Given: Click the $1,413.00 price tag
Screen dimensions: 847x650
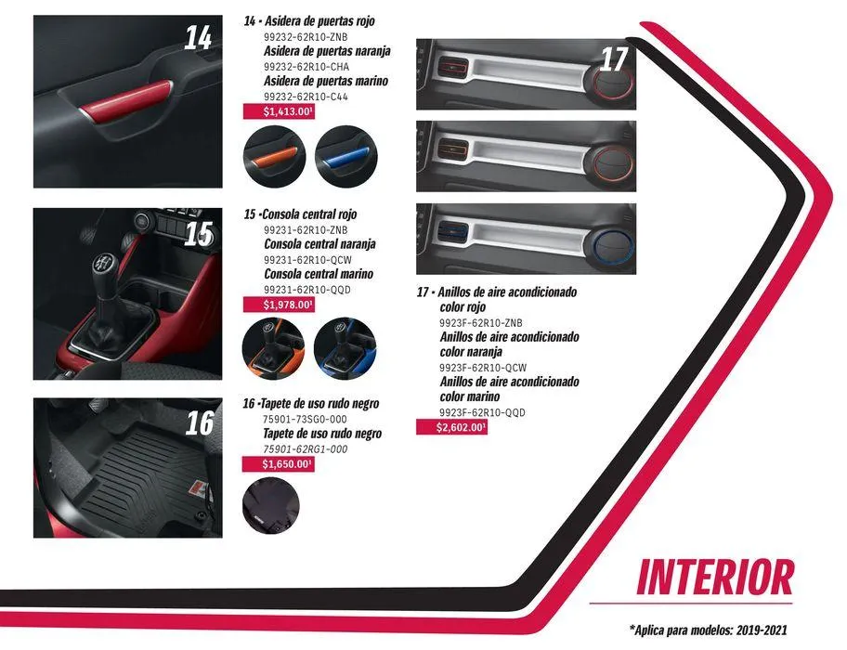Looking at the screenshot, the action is (x=279, y=111).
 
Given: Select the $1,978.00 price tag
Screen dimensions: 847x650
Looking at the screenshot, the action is (x=279, y=305).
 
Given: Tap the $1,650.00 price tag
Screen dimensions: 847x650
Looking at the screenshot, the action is (x=278, y=464).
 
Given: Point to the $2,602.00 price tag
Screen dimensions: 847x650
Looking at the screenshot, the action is (x=451, y=427).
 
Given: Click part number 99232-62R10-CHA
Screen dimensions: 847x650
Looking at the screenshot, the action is (x=306, y=67).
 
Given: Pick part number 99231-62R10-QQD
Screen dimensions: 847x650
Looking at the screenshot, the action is (x=306, y=290).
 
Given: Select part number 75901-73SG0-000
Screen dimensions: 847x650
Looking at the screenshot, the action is (x=305, y=420).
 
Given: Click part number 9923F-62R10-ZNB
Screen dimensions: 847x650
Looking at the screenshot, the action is (x=481, y=323).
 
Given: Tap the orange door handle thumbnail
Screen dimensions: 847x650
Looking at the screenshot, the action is (x=275, y=157).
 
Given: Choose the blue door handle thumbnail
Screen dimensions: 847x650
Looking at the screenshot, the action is (x=346, y=157).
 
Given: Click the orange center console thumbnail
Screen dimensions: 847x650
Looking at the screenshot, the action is (x=273, y=349).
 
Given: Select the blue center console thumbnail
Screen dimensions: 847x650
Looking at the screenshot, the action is (x=345, y=349).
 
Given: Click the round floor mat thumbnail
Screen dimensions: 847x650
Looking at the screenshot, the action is (x=271, y=506).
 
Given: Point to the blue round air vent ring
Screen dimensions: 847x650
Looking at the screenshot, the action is (x=613, y=247).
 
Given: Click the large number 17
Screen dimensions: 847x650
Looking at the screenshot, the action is (x=614, y=59).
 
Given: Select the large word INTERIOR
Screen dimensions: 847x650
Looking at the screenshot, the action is (x=715, y=578).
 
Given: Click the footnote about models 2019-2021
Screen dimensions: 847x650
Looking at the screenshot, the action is (x=709, y=630).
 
